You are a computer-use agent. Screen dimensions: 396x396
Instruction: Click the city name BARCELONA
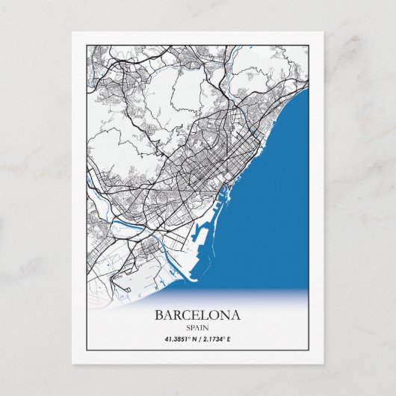[x=197, y=315]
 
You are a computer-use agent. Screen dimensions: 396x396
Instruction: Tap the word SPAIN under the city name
[x=197, y=327]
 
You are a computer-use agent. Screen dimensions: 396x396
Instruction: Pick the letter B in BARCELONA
[x=158, y=315]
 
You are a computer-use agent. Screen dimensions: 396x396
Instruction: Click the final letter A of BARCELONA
[x=236, y=315]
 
